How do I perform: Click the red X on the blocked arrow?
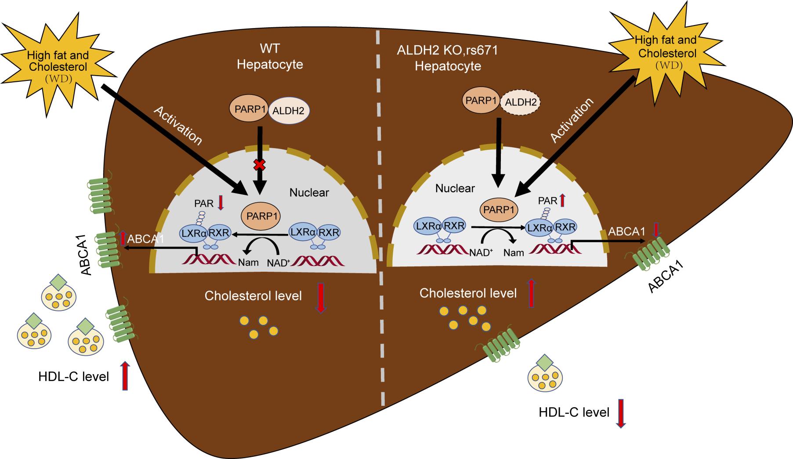click(x=260, y=165)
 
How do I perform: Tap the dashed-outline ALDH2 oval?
click(x=520, y=102)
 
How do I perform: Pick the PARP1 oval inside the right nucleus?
click(x=499, y=210)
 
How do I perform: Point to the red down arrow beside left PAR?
click(x=221, y=202)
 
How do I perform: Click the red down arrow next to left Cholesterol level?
click(x=321, y=298)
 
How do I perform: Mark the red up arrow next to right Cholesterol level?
click(x=531, y=292)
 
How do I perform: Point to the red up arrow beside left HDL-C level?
click(x=125, y=375)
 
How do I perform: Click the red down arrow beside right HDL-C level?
click(x=622, y=413)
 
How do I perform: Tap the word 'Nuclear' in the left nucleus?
click(x=309, y=193)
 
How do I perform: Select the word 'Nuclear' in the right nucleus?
click(x=455, y=189)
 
